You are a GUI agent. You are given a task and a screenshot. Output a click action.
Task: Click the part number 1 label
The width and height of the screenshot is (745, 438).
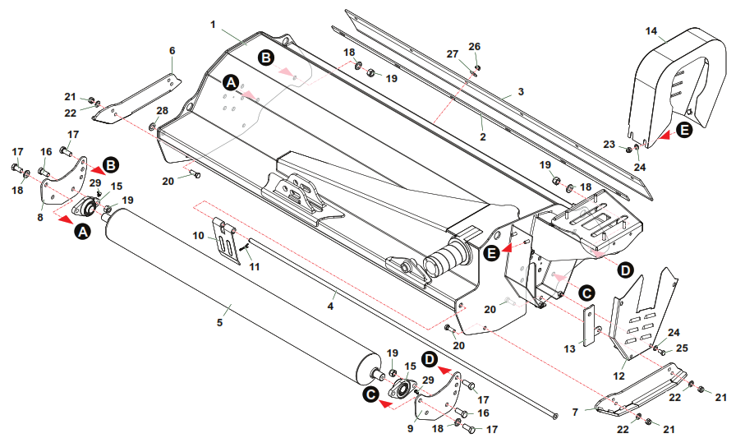coord(214,25)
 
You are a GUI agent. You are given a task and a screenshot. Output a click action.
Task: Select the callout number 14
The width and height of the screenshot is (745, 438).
coord(651,31)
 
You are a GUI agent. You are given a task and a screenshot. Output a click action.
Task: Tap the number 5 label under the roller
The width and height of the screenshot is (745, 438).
coord(219,322)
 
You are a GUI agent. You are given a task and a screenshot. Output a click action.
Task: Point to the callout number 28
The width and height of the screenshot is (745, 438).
coord(163,111)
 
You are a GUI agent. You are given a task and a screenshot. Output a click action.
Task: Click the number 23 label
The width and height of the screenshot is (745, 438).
coord(609,144)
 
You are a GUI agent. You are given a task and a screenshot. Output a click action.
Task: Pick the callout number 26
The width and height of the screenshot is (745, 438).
coord(475,47)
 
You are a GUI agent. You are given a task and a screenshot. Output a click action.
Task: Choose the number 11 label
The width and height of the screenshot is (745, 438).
coord(255,267)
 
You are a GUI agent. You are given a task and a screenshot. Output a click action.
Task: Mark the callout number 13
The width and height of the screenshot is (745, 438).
coord(570,349)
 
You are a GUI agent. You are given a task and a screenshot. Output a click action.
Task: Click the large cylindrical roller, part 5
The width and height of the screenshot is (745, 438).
coord(243,295)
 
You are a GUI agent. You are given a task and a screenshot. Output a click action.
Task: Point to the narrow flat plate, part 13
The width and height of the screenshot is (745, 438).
coord(589,325)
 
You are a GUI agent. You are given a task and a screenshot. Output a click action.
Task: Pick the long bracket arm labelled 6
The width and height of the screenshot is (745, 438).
coord(137,99)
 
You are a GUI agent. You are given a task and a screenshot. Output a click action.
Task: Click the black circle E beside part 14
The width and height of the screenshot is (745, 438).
coord(684,130)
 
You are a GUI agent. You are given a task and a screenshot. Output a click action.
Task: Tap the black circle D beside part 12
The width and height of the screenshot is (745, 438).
coord(625,270)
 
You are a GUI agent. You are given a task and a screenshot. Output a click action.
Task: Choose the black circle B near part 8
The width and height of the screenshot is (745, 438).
coord(111,165)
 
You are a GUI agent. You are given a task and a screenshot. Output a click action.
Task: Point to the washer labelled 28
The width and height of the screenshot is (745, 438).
coord(152,127)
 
